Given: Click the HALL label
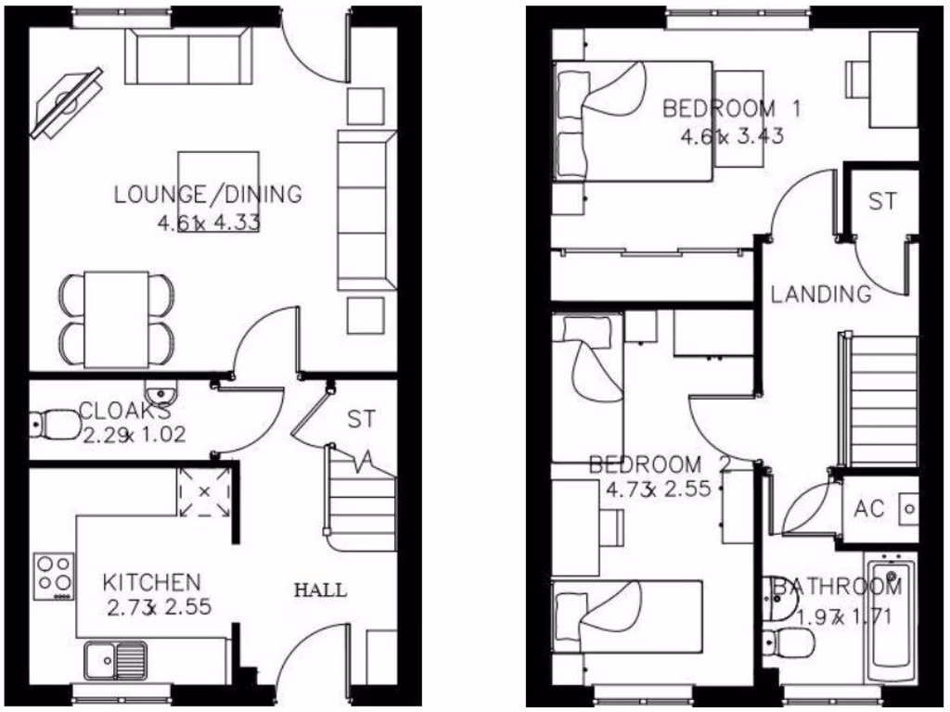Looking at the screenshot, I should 320,590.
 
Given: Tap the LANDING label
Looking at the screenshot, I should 821,295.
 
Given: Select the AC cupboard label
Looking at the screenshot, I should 869,509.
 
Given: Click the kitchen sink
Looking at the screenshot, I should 116,660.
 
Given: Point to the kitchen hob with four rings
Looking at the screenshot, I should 55,576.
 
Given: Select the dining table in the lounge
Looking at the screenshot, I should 117,318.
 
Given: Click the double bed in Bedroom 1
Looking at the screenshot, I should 633,121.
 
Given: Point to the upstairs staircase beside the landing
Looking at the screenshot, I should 879,400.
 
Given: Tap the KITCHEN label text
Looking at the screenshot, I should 151,583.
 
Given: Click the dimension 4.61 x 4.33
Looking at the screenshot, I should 209,222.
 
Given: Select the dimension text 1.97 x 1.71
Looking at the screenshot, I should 838,614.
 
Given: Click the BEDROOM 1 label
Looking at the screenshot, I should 731,108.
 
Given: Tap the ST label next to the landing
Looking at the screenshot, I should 882,201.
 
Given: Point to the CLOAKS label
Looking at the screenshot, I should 124,410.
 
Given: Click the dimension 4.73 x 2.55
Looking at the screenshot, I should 658,489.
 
